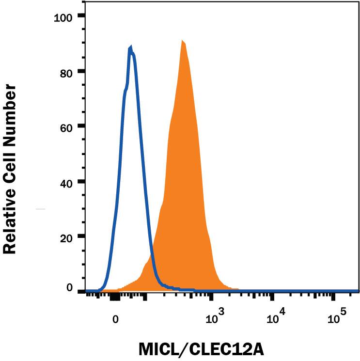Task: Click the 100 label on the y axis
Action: coord(62,18)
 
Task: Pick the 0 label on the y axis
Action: coord(69,288)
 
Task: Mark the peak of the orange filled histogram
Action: coord(182,41)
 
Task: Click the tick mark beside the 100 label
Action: coord(82,16)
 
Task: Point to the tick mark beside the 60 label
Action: coord(82,126)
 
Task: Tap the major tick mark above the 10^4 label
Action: coord(272,296)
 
